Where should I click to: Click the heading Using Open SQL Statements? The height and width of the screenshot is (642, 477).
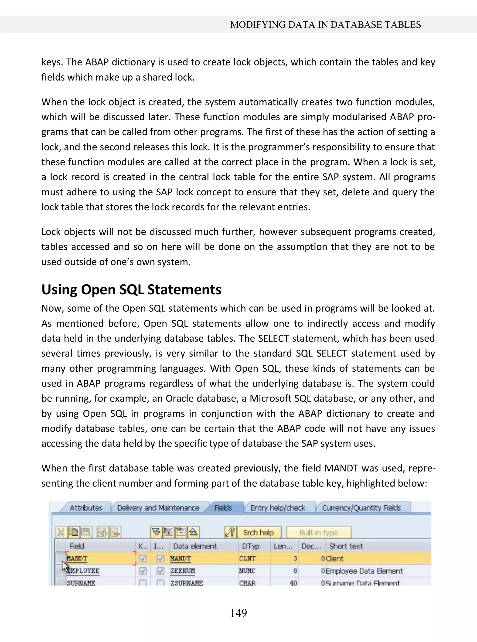tap(131, 289)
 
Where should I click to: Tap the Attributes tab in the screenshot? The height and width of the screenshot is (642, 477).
tap(86, 508)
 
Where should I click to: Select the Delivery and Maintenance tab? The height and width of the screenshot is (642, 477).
tap(158, 508)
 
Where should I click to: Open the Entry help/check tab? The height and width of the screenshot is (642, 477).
tap(277, 508)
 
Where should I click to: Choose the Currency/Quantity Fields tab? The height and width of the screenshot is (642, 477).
tap(361, 508)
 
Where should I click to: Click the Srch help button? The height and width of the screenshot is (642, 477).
tap(258, 532)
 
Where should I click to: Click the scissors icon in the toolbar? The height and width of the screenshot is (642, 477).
tap(61, 532)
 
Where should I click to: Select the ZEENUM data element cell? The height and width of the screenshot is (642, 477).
tap(182, 571)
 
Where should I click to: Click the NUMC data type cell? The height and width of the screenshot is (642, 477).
tap(247, 571)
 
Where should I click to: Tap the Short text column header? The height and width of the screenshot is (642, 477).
tap(346, 546)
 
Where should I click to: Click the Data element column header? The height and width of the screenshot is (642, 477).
tap(195, 546)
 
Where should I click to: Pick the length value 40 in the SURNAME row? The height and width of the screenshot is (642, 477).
tap(293, 583)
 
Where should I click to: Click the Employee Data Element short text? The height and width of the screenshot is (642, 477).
tap(364, 571)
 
